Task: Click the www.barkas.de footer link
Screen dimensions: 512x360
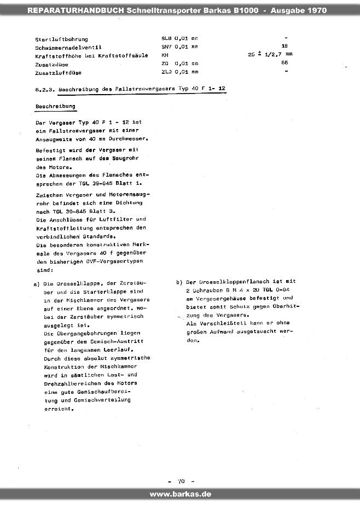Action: [180, 494]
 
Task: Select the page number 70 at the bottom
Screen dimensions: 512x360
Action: [181, 481]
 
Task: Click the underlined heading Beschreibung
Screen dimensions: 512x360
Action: [55, 106]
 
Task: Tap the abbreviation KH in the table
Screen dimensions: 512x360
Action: [164, 55]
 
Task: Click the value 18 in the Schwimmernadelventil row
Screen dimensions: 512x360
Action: [284, 46]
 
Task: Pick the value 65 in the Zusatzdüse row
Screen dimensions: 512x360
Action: [284, 63]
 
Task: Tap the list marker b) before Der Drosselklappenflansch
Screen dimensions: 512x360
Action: [179, 282]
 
